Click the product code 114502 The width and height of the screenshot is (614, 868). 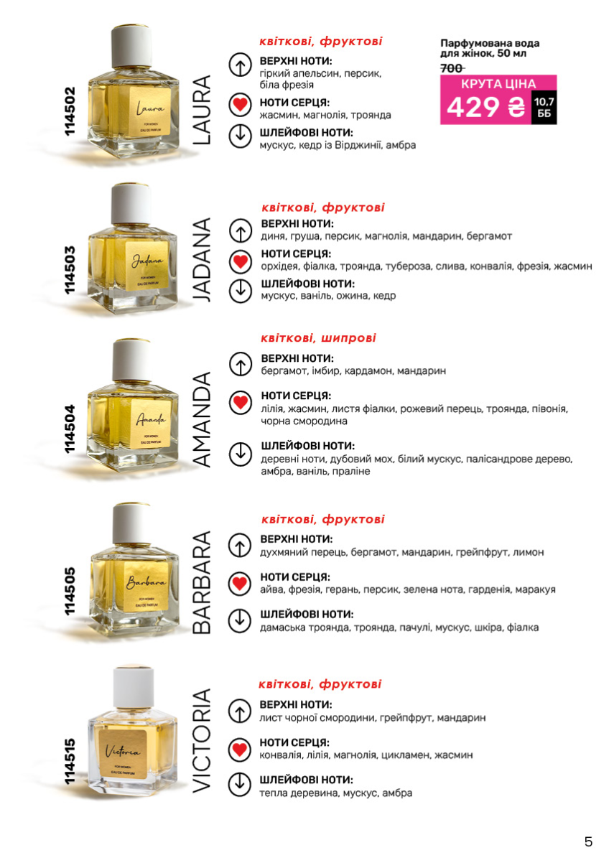pos(70,111)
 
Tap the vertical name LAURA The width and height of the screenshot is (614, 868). pos(202,111)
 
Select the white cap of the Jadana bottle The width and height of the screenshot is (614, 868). pos(131,204)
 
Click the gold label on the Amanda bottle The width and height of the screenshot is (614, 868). pos(150,424)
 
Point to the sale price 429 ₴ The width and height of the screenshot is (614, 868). pos(485,107)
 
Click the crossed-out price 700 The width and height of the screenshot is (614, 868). pos(452,69)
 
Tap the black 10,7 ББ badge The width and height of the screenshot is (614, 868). pos(544,108)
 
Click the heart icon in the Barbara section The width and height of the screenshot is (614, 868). pos(240,583)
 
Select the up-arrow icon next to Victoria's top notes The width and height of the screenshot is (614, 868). pos(240,711)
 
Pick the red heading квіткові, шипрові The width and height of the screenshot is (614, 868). pos(318,338)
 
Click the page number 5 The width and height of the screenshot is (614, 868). pos(588,841)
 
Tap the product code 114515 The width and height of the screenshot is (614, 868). pos(70,761)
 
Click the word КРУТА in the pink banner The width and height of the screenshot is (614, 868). pos(479,84)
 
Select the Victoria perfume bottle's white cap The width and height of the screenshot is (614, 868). pos(133,687)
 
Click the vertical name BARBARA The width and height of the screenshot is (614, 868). pos(202,582)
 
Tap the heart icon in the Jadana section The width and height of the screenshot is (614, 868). pos(241,261)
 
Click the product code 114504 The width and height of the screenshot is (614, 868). pos(70,429)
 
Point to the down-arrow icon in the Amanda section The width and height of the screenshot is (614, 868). pos(241,453)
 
